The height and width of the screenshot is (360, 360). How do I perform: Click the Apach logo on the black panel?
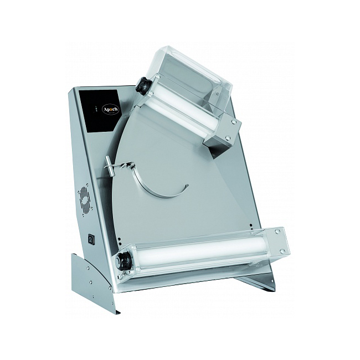click(x=111, y=109)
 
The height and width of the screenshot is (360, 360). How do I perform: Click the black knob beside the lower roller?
click(x=124, y=261)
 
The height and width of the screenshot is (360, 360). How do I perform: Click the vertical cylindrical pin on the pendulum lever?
click(x=110, y=166)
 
